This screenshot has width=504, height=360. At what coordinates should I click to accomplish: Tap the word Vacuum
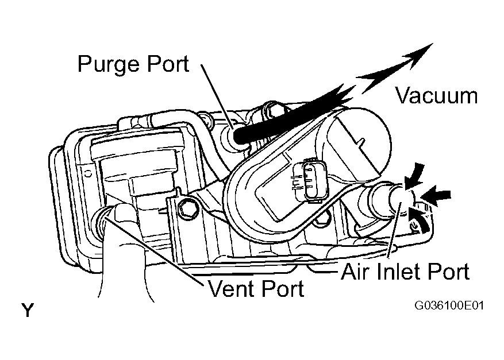tap(437, 96)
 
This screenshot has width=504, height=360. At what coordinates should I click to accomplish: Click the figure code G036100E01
tap(449, 305)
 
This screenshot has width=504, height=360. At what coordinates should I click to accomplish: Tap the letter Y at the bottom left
tap(28, 309)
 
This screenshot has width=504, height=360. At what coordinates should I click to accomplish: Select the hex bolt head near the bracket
tap(186, 207)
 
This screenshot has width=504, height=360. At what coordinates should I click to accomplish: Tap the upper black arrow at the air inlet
tap(415, 176)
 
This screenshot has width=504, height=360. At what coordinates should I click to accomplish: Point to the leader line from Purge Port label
tap(218, 96)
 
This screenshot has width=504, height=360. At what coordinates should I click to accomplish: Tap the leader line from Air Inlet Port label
tap(395, 230)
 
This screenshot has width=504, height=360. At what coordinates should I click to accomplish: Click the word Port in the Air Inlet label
tap(449, 272)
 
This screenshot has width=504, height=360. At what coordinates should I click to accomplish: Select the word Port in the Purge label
tap(168, 64)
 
